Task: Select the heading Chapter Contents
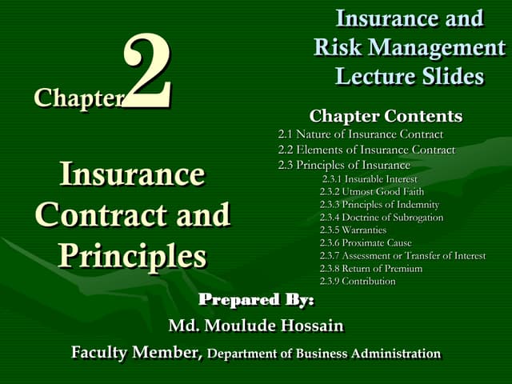pos(386,116)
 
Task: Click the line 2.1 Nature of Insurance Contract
pos(360,134)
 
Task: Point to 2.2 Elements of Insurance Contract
pos(366,150)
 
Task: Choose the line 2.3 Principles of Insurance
pos(344,165)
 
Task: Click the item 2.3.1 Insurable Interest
pos(370,179)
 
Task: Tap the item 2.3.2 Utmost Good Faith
pos(371,192)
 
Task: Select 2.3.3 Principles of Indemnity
pos(379,205)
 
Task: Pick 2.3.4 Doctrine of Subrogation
pos(380,218)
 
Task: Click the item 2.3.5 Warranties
pos(353,230)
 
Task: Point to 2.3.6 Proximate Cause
pos(366,242)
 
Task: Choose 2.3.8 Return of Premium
pos(370,269)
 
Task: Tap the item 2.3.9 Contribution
pos(358,282)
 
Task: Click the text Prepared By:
pos(256,300)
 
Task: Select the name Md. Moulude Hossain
pos(255,326)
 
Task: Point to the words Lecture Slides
pos(410,77)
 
